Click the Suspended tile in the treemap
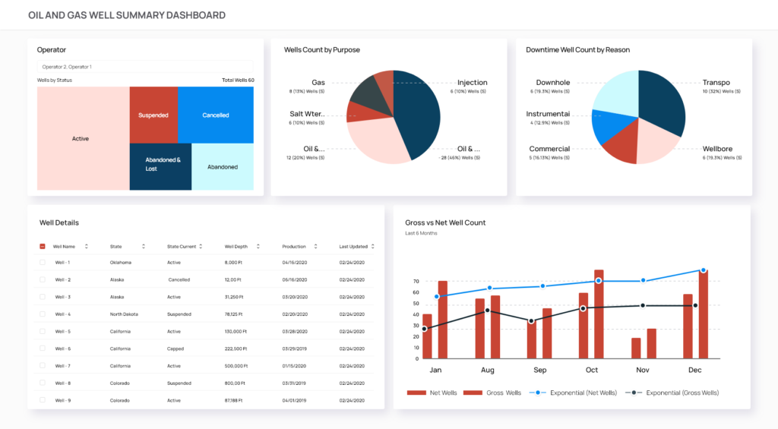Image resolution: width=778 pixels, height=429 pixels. tap(153, 115)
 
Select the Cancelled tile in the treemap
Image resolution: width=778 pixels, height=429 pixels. tap(216, 115)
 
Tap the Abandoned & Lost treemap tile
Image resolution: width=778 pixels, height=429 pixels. tap(163, 164)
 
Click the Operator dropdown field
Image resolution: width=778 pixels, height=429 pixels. tap(145, 67)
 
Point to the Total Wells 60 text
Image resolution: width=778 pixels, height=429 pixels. tap(238, 80)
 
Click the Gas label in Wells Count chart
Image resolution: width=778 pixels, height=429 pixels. tap(318, 83)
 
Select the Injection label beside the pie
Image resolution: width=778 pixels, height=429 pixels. tap(472, 83)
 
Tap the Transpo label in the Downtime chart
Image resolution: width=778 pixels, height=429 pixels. tap(716, 83)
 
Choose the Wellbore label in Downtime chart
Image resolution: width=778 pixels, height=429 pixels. tap(717, 149)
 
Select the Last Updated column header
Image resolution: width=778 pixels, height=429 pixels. tap(353, 247)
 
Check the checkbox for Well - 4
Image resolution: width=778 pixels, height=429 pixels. tap(43, 314)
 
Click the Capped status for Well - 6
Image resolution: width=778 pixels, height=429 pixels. tap(176, 349)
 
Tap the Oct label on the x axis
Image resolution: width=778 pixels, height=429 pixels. tap(592, 370)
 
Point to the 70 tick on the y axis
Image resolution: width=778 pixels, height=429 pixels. tap(416, 281)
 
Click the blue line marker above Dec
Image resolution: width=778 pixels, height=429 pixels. tap(703, 270)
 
